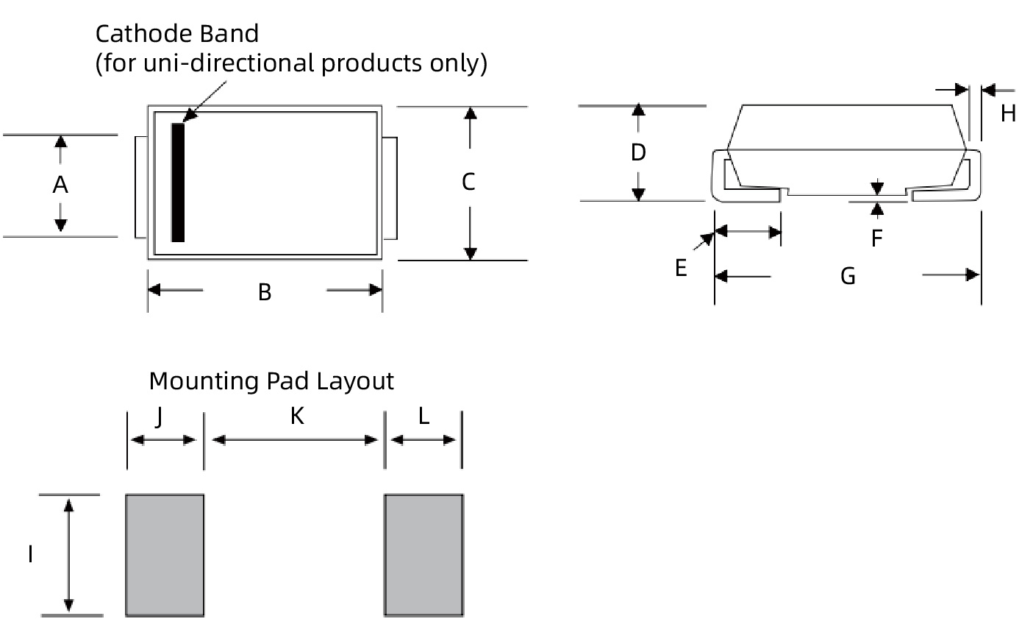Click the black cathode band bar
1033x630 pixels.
[x=178, y=183]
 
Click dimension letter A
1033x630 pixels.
[x=60, y=185]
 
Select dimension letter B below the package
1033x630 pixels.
[x=265, y=293]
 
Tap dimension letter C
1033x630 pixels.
[x=468, y=182]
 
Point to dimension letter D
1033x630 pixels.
[x=638, y=152]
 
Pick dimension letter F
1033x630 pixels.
[x=876, y=238]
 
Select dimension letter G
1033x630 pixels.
[x=848, y=277]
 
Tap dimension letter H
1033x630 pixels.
[x=1008, y=113]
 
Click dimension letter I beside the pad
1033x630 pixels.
[x=30, y=554]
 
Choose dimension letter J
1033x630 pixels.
[x=159, y=417]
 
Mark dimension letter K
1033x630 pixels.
[x=296, y=417]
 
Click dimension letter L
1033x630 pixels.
[x=423, y=417]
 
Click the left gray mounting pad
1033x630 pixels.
[x=165, y=555]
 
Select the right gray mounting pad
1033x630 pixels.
[x=423, y=555]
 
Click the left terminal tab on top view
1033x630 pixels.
[x=140, y=187]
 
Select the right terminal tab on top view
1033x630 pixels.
[x=390, y=188]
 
